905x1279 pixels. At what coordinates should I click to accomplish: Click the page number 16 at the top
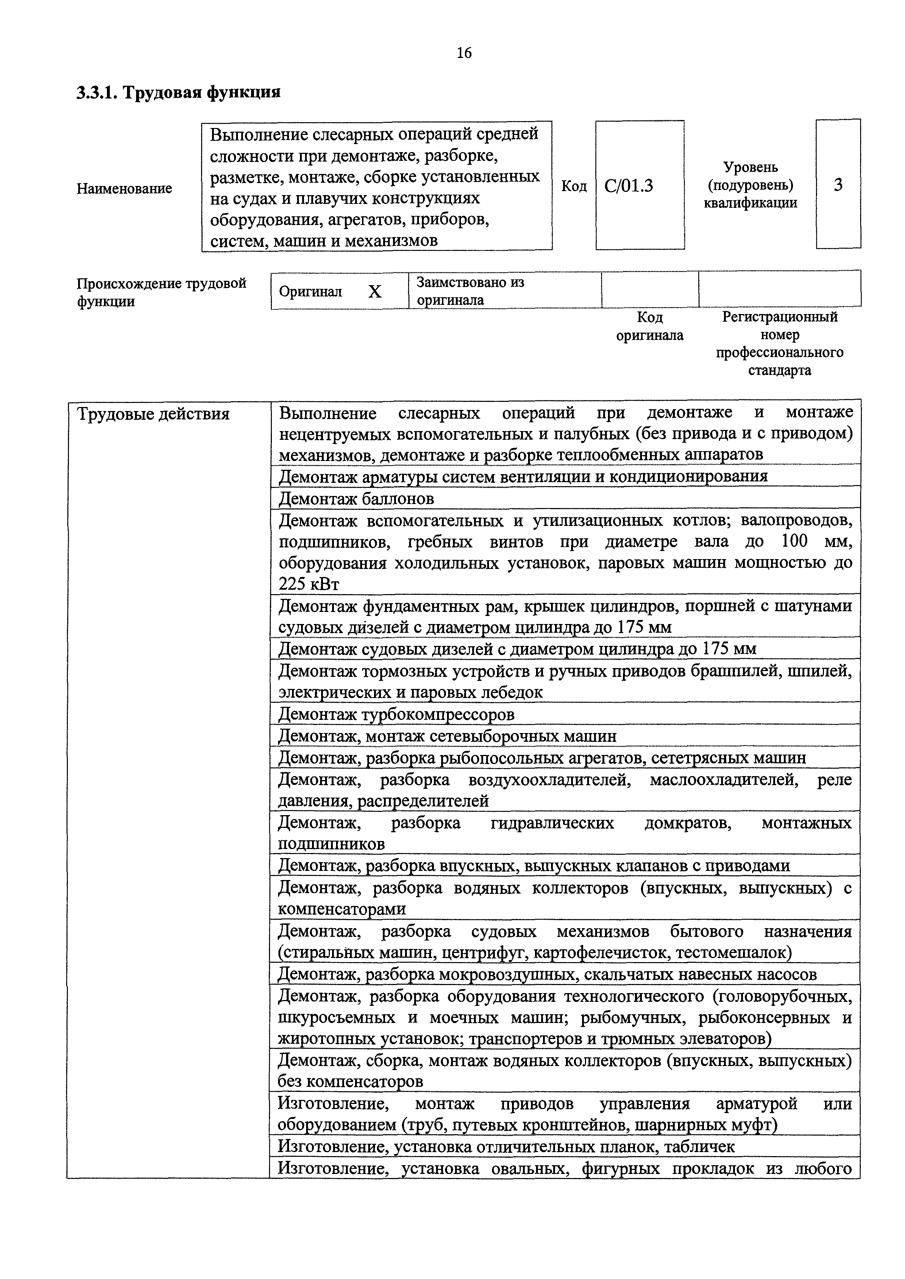click(x=464, y=53)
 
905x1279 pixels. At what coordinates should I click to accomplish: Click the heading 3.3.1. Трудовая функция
click(x=178, y=92)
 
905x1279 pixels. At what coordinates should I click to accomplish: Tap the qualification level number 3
click(x=837, y=185)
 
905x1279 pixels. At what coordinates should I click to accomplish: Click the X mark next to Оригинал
click(x=375, y=291)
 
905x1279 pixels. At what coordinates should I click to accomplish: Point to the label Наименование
click(x=124, y=189)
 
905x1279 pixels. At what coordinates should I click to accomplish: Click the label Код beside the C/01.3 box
click(x=573, y=186)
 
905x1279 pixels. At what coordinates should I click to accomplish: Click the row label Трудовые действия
click(x=153, y=414)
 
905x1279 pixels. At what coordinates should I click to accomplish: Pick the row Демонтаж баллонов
click(x=356, y=498)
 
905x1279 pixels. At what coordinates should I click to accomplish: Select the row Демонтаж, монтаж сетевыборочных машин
click(x=447, y=736)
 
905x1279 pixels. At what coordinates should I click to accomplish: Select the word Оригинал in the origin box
click(x=311, y=292)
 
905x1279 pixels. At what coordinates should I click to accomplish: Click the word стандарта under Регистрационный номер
click(x=779, y=371)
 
